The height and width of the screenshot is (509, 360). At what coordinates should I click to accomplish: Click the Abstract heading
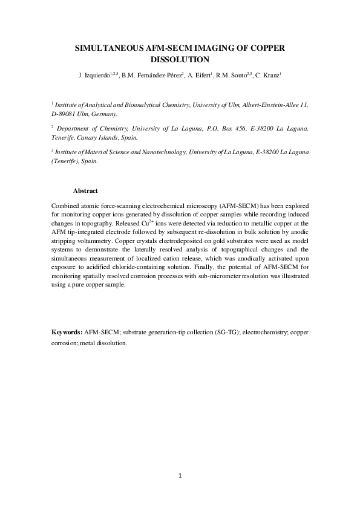coord(85,191)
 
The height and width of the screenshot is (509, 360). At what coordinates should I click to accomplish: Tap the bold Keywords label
coord(67,332)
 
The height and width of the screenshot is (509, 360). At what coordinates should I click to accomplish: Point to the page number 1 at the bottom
coord(180,476)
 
